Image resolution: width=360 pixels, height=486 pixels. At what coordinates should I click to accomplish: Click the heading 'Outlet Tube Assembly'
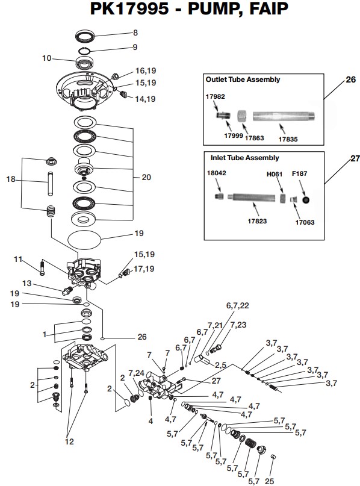[x=243, y=79]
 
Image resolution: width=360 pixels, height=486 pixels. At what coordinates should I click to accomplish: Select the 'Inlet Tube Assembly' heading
[x=245, y=158]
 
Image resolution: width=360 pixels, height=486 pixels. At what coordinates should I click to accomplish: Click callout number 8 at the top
[x=135, y=32]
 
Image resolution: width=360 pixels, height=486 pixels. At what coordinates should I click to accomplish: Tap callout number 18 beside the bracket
[x=10, y=179]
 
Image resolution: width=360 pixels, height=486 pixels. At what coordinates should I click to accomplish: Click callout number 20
[x=146, y=178]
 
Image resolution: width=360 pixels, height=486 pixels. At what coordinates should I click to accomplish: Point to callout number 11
[x=18, y=260]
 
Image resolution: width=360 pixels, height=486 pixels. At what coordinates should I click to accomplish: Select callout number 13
[x=26, y=282]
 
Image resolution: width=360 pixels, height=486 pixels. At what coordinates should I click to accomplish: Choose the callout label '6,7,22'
[x=237, y=306]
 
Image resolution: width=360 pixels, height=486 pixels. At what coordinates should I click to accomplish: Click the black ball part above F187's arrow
[x=306, y=199]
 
